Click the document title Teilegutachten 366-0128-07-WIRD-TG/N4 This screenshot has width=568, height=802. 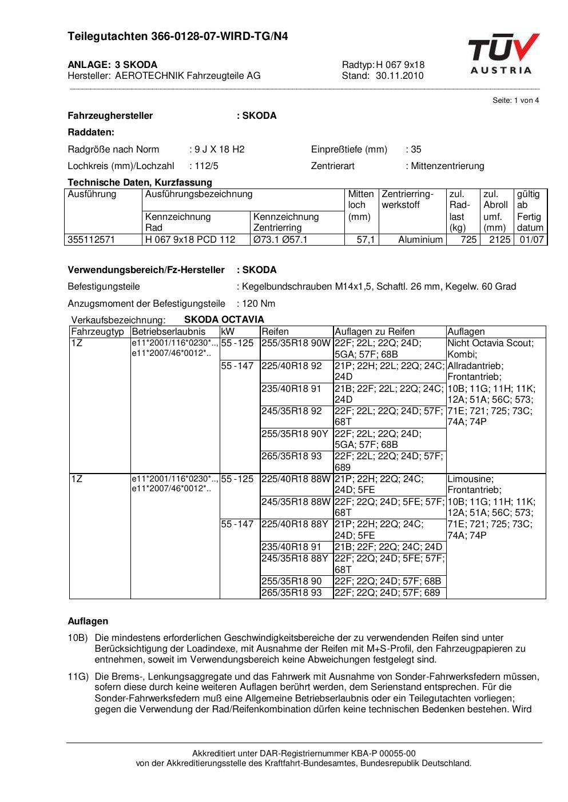pos(178,37)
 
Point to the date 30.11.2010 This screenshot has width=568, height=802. pos(399,75)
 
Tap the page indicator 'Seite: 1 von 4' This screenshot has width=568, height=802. pos(515,101)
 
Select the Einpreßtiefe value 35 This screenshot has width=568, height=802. pos(416,149)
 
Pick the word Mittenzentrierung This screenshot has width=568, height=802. pos(447,166)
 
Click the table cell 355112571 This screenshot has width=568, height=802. pos(92,239)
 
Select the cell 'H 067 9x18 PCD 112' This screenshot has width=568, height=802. pos(190,239)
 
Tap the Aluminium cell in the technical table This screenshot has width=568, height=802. pos(420,239)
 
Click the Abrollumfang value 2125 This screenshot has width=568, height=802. pos(499,239)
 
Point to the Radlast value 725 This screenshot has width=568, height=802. pos(468,239)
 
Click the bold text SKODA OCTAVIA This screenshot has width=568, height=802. pos(224,319)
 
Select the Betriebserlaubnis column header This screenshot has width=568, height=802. pos(168,331)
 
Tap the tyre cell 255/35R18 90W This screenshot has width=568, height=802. pos(296,343)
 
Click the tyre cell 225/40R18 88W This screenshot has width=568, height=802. pos(296,479)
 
